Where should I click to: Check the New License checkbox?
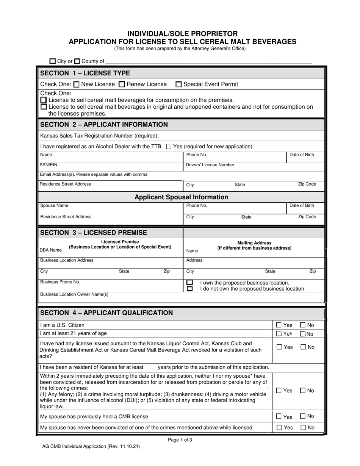(76, 84)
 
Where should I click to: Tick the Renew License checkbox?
(122, 84)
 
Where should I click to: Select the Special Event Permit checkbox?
(178, 84)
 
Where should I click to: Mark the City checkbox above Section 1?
(53, 61)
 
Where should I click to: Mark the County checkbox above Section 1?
(77, 61)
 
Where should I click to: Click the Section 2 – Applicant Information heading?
(104, 125)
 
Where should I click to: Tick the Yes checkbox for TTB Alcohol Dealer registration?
(169, 147)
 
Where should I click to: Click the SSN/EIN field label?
(49, 165)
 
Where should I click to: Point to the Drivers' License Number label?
(210, 165)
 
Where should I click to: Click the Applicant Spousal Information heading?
(182, 197)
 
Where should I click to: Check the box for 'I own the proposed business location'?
(189, 283)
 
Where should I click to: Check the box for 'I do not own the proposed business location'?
(189, 289)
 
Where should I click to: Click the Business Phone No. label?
(60, 282)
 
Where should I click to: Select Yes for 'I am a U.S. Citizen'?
(279, 325)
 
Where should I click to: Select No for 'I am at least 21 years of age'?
(303, 334)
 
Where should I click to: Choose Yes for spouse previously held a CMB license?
(279, 416)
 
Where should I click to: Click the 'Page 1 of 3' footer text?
(180, 440)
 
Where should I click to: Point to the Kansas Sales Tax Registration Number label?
(99, 136)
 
